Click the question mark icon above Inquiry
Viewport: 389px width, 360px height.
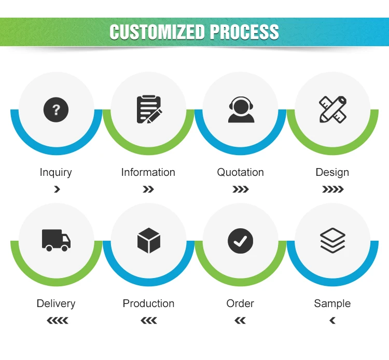[56, 109]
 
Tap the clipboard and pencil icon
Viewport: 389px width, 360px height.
[148, 109]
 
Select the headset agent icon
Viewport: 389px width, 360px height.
[241, 109]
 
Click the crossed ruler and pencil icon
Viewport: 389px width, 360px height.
[332, 109]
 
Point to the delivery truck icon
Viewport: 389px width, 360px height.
[56, 241]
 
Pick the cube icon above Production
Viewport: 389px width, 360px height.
[148, 241]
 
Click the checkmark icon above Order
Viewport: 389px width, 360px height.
[241, 241]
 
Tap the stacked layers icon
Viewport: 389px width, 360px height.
[332, 241]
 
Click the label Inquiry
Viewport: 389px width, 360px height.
[56, 172]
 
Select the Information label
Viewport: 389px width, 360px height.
[148, 172]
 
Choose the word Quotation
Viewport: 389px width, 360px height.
[241, 172]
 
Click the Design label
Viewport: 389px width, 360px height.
[332, 172]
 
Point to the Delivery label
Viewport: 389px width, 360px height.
[56, 303]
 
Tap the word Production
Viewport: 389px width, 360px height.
[148, 303]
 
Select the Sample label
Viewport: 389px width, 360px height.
[332, 303]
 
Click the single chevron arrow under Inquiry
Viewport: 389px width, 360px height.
[57, 189]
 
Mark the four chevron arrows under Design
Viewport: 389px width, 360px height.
[332, 189]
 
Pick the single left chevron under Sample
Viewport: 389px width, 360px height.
[332, 321]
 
